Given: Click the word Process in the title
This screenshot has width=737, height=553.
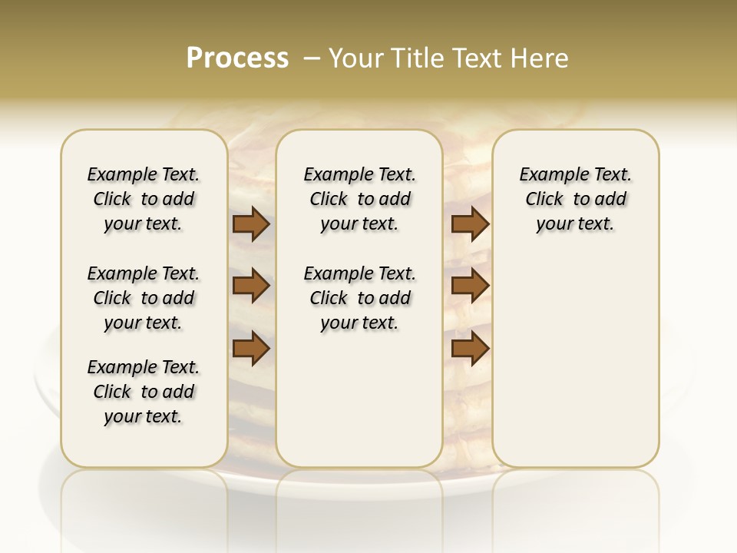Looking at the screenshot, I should (x=237, y=58).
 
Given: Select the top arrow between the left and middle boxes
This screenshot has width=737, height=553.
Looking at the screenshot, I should (x=251, y=224).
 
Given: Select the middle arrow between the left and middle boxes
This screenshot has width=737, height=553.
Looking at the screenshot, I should (x=251, y=286).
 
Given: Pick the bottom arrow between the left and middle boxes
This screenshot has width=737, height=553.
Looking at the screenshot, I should (x=251, y=349).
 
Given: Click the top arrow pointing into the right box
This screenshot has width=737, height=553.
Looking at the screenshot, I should (x=470, y=224).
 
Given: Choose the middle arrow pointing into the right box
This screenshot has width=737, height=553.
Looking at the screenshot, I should (x=470, y=286).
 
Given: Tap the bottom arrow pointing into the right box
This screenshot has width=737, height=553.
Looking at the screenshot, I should (x=470, y=349).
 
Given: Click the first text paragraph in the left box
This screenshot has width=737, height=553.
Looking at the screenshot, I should (x=144, y=199).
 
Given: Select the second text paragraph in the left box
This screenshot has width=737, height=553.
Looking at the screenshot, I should (x=144, y=298).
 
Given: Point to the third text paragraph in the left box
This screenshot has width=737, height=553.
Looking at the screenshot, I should (x=144, y=392).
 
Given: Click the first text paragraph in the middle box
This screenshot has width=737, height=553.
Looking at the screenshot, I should (x=359, y=199).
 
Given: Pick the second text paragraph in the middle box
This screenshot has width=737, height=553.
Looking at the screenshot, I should (x=359, y=298).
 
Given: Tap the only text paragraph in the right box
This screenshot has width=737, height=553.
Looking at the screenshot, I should (x=575, y=199).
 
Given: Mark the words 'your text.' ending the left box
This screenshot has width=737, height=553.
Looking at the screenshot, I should (x=144, y=416).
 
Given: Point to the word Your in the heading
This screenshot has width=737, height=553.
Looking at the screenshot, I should (x=355, y=58).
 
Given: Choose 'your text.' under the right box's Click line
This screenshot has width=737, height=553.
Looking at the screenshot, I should (x=575, y=224).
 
